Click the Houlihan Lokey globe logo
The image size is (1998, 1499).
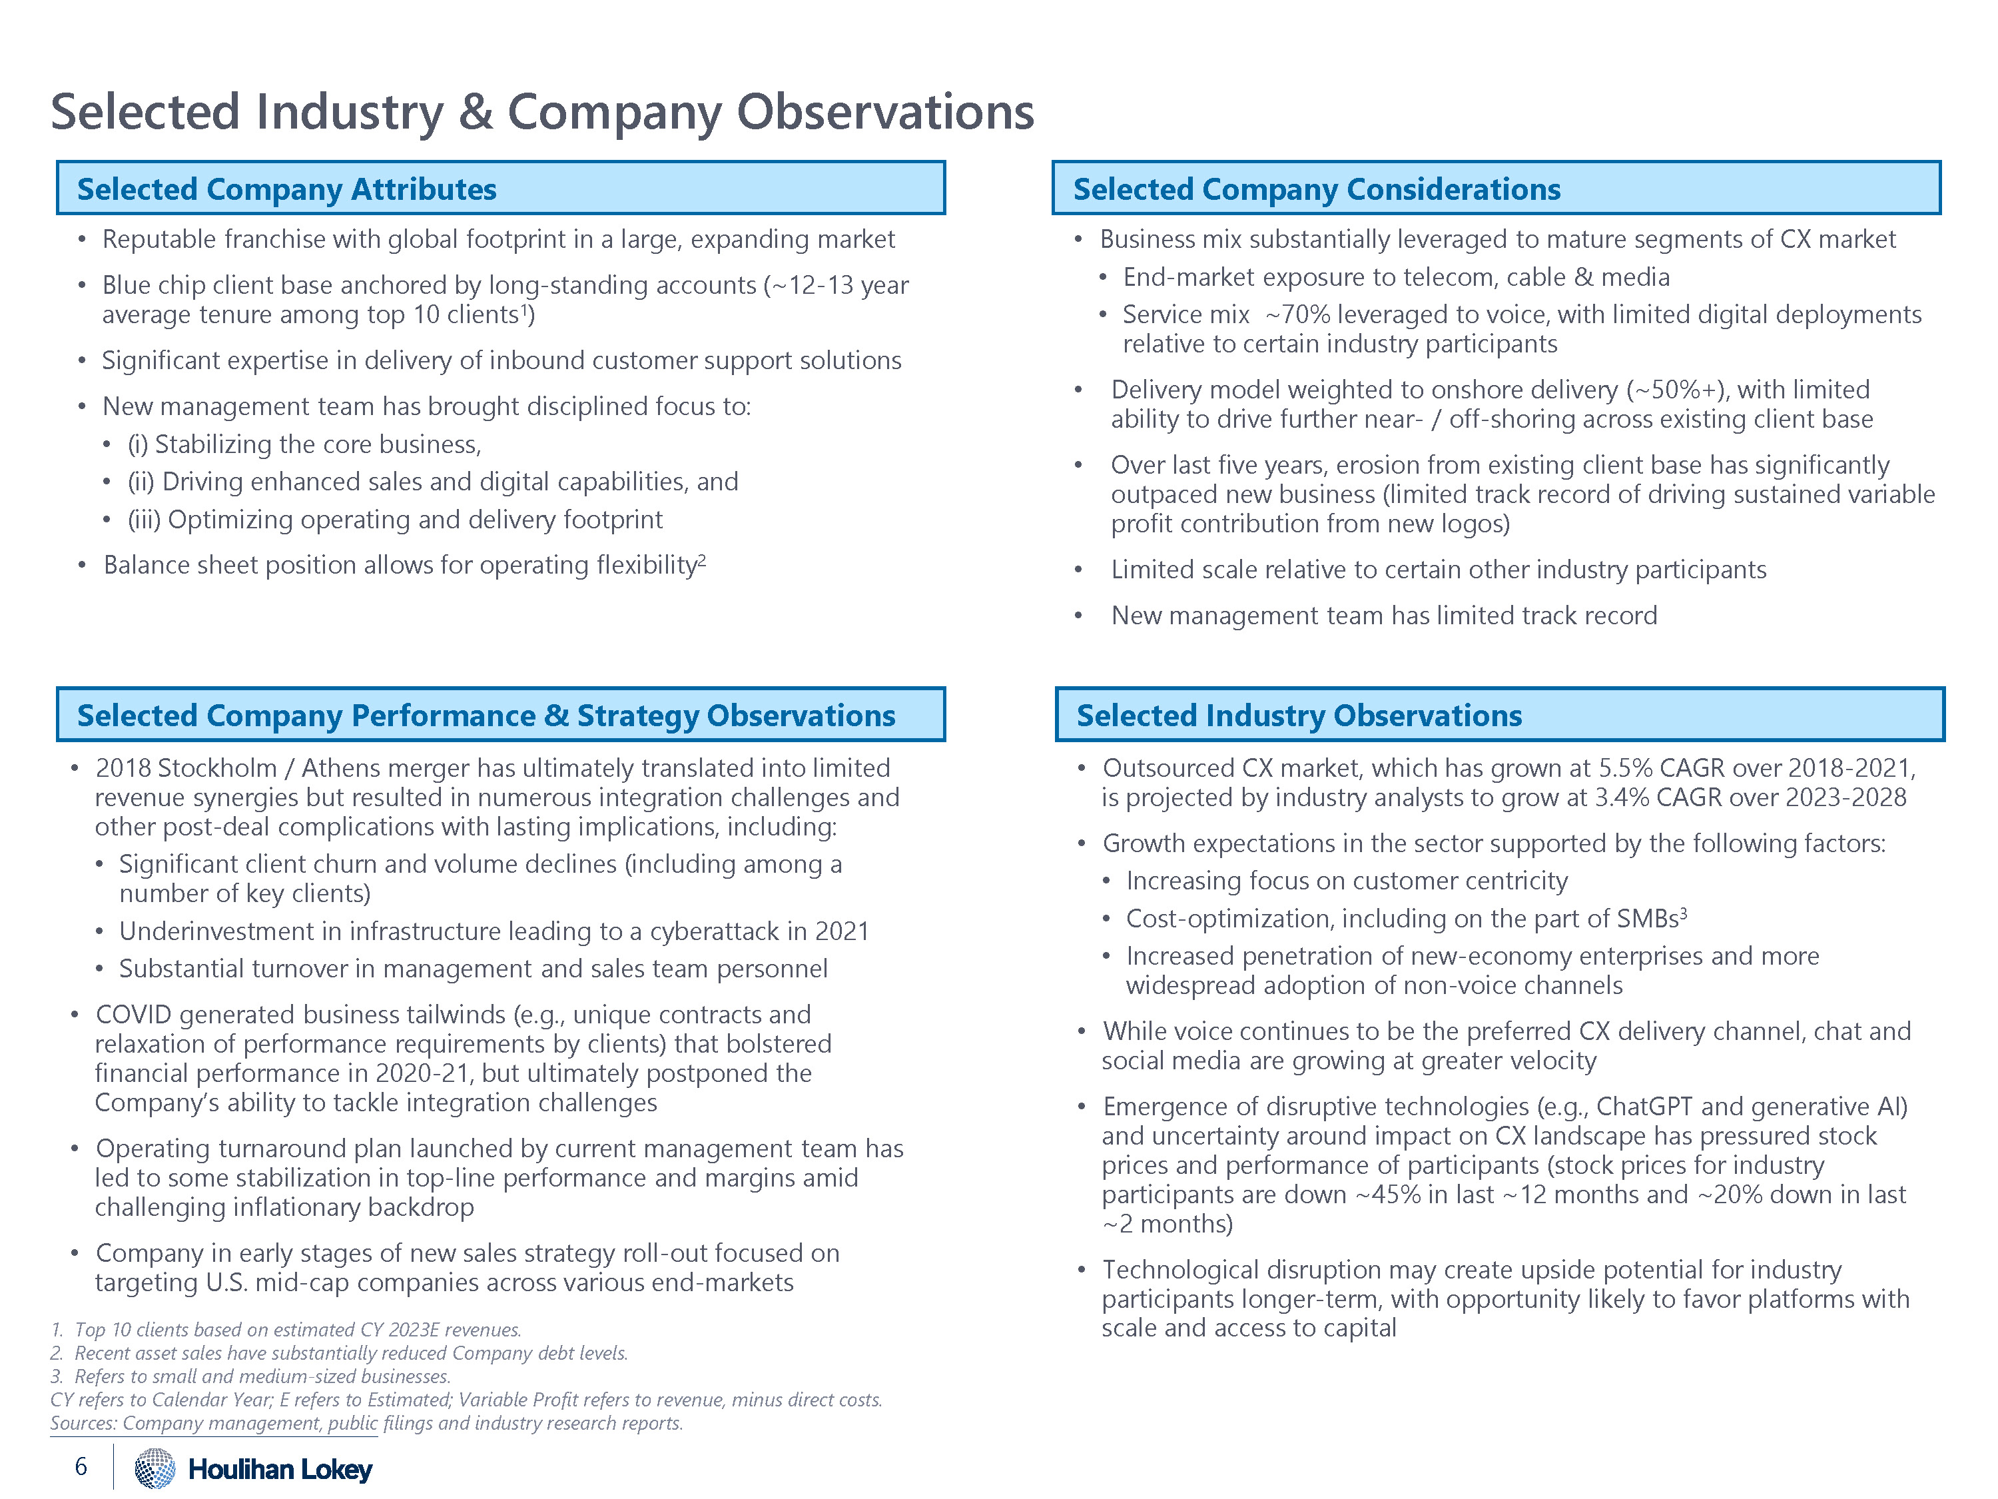(155, 1468)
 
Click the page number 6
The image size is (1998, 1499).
(81, 1466)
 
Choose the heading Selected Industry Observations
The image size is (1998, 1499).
(1299, 715)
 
